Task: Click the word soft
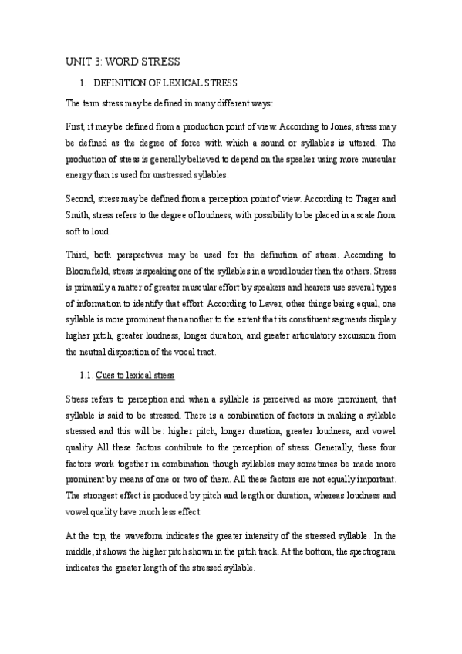[x=75, y=230]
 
